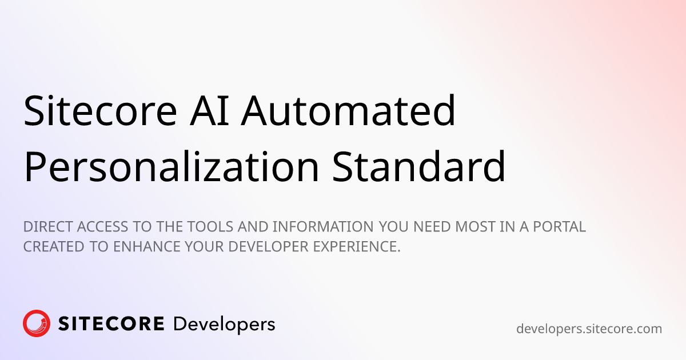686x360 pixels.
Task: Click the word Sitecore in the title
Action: point(100,110)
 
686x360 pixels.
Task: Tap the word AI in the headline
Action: point(209,110)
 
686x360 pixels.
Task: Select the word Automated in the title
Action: point(348,110)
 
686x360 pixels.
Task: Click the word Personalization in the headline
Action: point(171,167)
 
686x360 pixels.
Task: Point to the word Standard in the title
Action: point(418,167)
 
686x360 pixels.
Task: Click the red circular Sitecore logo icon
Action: point(37,323)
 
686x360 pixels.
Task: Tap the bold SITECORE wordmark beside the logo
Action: point(111,323)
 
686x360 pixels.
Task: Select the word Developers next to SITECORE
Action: point(224,325)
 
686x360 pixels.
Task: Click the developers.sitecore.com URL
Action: point(589,329)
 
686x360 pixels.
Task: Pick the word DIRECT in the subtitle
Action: point(49,227)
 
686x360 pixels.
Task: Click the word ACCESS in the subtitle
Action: point(102,227)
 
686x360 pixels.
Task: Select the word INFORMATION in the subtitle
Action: point(323,227)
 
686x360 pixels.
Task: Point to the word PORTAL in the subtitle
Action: point(559,227)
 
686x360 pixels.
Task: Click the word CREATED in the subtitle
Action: point(54,247)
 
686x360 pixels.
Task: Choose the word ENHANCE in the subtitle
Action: point(147,247)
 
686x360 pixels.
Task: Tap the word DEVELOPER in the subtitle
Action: point(268,247)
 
